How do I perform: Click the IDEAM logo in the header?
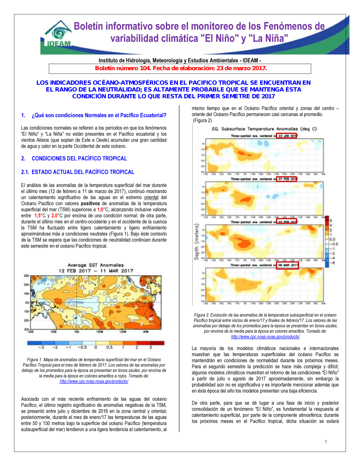pyautogui.click(x=58, y=35)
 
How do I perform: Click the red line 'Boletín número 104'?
pyautogui.click(x=181, y=68)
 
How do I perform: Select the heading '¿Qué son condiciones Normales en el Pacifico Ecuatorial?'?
pyautogui.click(x=99, y=115)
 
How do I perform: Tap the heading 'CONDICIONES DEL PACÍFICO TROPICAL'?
pyautogui.click(x=79, y=158)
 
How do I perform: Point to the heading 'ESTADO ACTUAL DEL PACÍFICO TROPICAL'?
pyautogui.click(x=83, y=172)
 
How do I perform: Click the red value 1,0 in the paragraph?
pyautogui.click(x=100, y=210)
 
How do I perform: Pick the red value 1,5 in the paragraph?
pyautogui.click(x=37, y=216)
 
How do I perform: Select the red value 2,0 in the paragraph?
pyautogui.click(x=54, y=216)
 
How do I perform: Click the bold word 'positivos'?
pyautogui.click(x=90, y=203)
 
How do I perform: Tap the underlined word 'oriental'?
pyautogui.click(x=151, y=197)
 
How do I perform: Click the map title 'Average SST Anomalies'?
pyautogui.click(x=96, y=265)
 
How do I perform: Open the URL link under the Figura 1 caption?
pyautogui.click(x=94, y=381)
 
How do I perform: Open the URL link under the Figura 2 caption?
pyautogui.click(x=265, y=337)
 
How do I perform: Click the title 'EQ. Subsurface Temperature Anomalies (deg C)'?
pyautogui.click(x=264, y=129)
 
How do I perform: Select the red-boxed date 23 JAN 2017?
pyautogui.click(x=287, y=136)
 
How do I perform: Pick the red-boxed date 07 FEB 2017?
pyautogui.click(x=287, y=179)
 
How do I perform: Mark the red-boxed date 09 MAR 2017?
pyautogui.click(x=288, y=265)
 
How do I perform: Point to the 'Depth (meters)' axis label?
pyautogui.click(x=197, y=242)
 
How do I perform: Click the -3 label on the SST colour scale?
pyautogui.click(x=41, y=348)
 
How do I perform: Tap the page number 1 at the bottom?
pyautogui.click(x=326, y=442)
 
